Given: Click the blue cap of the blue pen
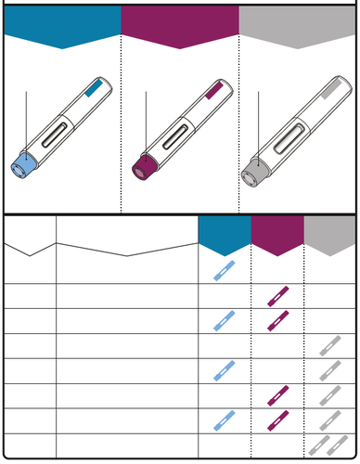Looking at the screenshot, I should [24, 163].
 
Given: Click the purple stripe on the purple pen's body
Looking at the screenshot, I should [212, 91].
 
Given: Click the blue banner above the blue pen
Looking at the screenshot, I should [61, 26].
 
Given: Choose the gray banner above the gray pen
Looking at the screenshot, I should [299, 26].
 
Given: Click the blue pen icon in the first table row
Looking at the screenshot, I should [224, 271].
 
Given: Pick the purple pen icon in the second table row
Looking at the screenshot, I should [277, 296].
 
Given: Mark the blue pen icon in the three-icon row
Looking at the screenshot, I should [224, 419].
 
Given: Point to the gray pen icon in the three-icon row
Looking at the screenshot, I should [329, 419].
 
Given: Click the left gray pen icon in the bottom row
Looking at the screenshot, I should [320, 444].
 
